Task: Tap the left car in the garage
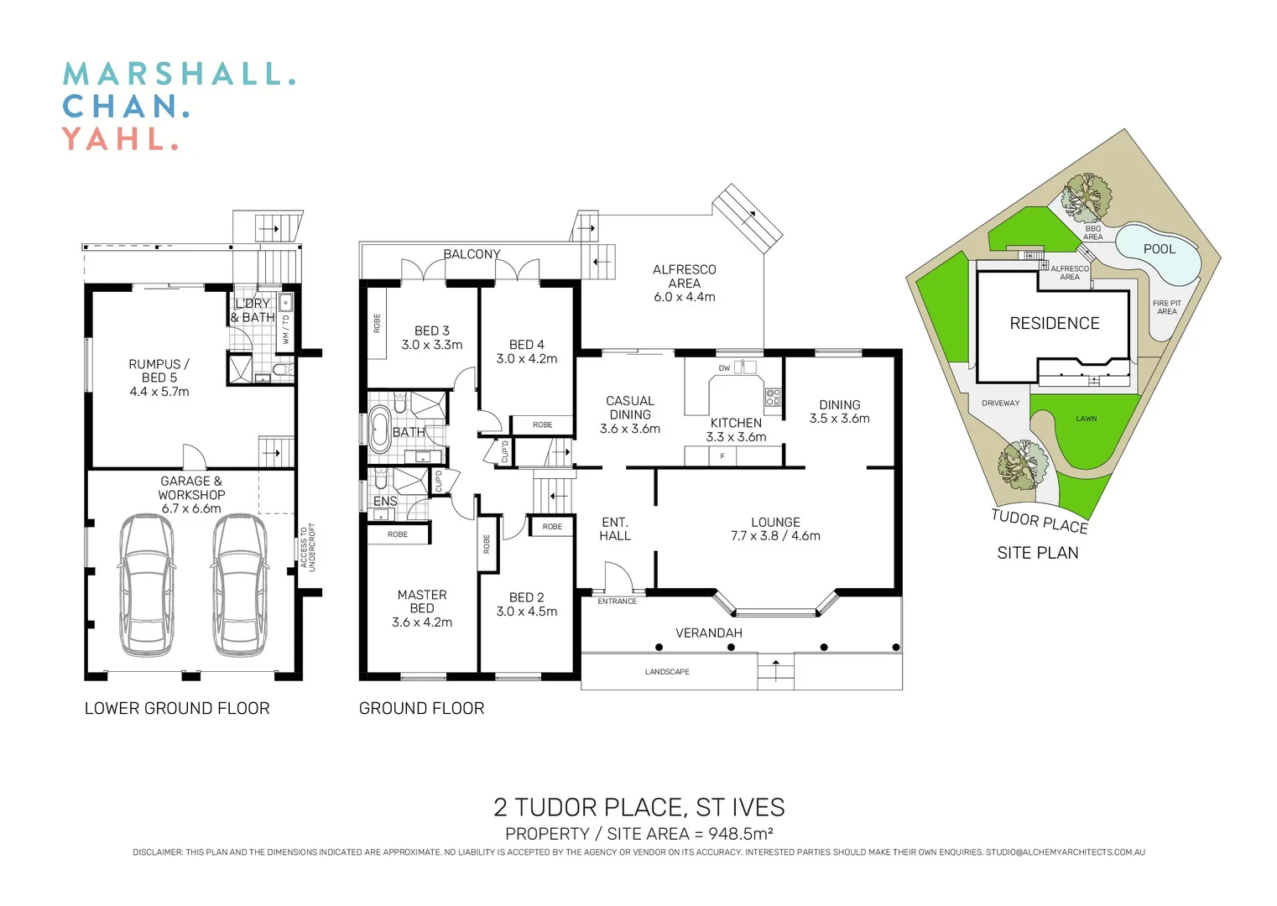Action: coord(147,585)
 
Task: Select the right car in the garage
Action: coord(241,585)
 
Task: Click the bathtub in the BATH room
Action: coord(380,430)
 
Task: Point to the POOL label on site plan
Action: coord(1159,249)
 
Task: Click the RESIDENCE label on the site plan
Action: coord(1054,324)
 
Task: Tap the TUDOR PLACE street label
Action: coord(1039,521)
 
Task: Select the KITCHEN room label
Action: coord(736,423)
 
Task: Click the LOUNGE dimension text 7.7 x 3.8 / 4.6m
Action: coord(775,536)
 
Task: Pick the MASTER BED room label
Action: coord(422,601)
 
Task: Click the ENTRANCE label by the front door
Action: coord(617,601)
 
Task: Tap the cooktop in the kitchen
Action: coord(773,398)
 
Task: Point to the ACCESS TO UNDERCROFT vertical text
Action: coord(308,547)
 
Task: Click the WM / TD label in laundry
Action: coord(286,329)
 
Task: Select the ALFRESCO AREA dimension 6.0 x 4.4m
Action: coord(685,297)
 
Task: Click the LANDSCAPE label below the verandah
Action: coord(667,672)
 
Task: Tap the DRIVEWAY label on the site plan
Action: coord(1000,404)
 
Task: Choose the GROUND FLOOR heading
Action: coord(421,709)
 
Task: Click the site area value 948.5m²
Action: coord(740,834)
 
